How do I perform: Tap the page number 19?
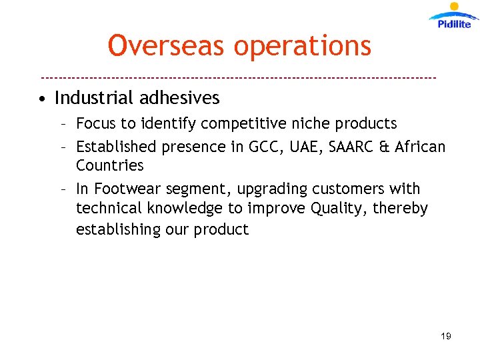click(446, 336)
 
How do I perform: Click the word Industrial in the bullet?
click(93, 98)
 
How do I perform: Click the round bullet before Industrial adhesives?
click(42, 99)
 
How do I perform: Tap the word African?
click(420, 147)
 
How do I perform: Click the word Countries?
click(109, 165)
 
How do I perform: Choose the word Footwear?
click(124, 189)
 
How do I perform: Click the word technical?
click(109, 209)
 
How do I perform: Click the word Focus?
click(96, 124)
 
